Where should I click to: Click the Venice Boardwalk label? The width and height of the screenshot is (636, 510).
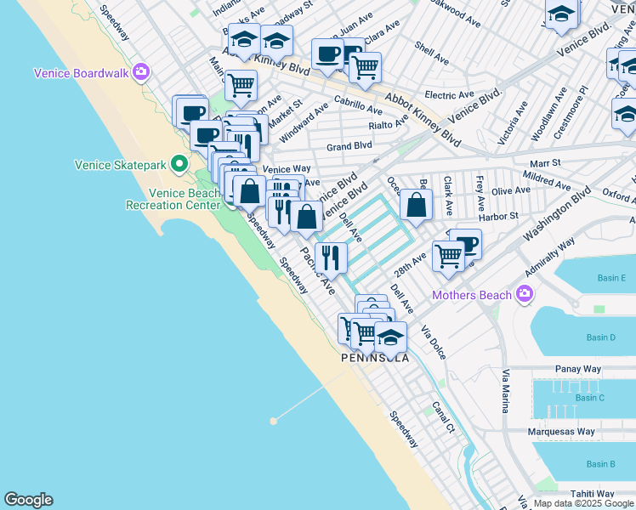81,73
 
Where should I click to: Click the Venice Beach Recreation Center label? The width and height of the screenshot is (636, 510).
173,199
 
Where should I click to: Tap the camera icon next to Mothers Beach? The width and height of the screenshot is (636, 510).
524,295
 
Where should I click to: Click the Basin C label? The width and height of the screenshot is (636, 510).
589,398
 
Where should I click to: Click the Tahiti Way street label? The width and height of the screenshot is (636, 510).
592,494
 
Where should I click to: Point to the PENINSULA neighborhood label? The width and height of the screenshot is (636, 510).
375,358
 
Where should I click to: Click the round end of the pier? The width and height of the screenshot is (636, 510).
273,421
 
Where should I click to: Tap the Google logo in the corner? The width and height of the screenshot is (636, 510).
29,500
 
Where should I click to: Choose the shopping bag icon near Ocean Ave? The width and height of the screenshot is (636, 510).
415,205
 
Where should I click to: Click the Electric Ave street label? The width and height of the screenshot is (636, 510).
449,95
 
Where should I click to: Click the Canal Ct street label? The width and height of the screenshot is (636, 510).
443,416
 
